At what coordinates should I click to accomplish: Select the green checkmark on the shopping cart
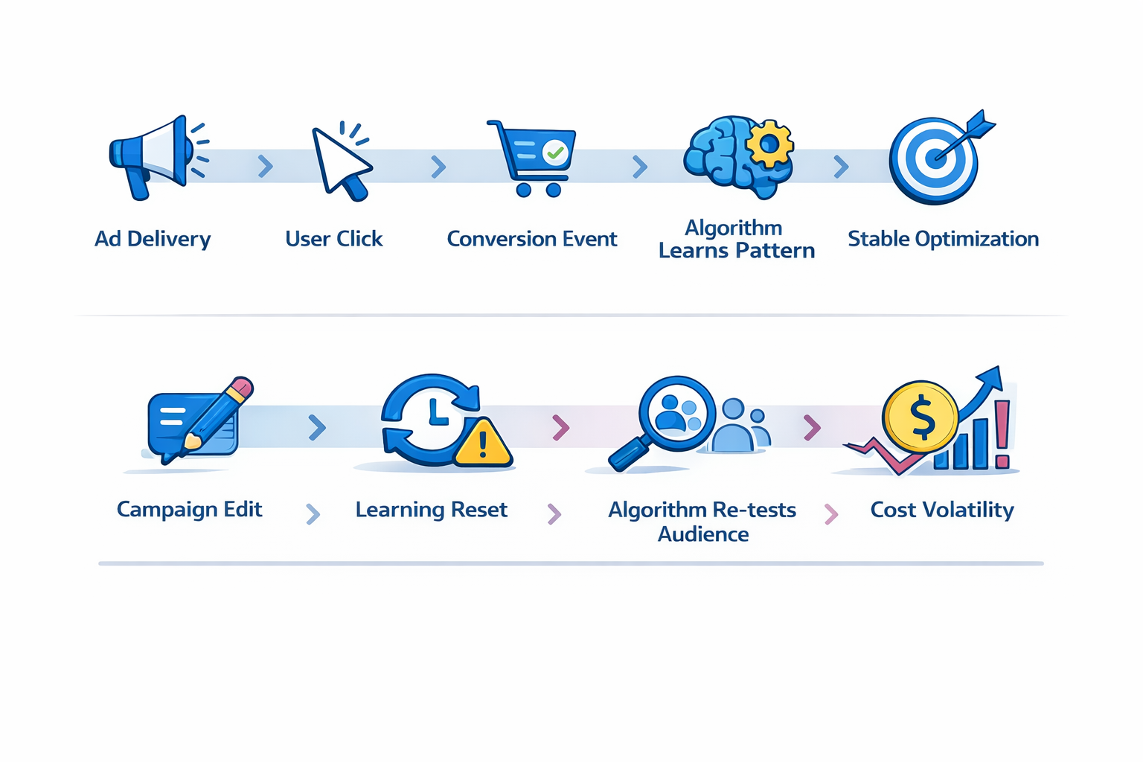click(x=554, y=153)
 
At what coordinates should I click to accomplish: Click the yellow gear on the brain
click(x=769, y=142)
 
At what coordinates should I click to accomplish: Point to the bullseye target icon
click(x=934, y=160)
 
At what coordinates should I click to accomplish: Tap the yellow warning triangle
click(x=483, y=444)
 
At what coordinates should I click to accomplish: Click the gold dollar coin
click(x=921, y=417)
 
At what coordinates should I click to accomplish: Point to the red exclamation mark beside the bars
click(x=1002, y=435)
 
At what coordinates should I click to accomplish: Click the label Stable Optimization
click(x=943, y=239)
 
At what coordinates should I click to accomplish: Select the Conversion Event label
click(x=531, y=239)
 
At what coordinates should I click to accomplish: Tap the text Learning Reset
click(x=431, y=510)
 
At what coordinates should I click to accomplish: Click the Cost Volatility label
click(x=942, y=510)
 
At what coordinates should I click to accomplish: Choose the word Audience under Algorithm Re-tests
click(x=703, y=534)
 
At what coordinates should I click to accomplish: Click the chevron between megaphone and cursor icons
click(x=265, y=166)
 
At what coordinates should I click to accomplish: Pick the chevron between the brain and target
click(x=841, y=166)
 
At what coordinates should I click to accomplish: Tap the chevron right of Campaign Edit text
click(x=313, y=513)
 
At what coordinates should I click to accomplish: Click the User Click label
click(x=333, y=239)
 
